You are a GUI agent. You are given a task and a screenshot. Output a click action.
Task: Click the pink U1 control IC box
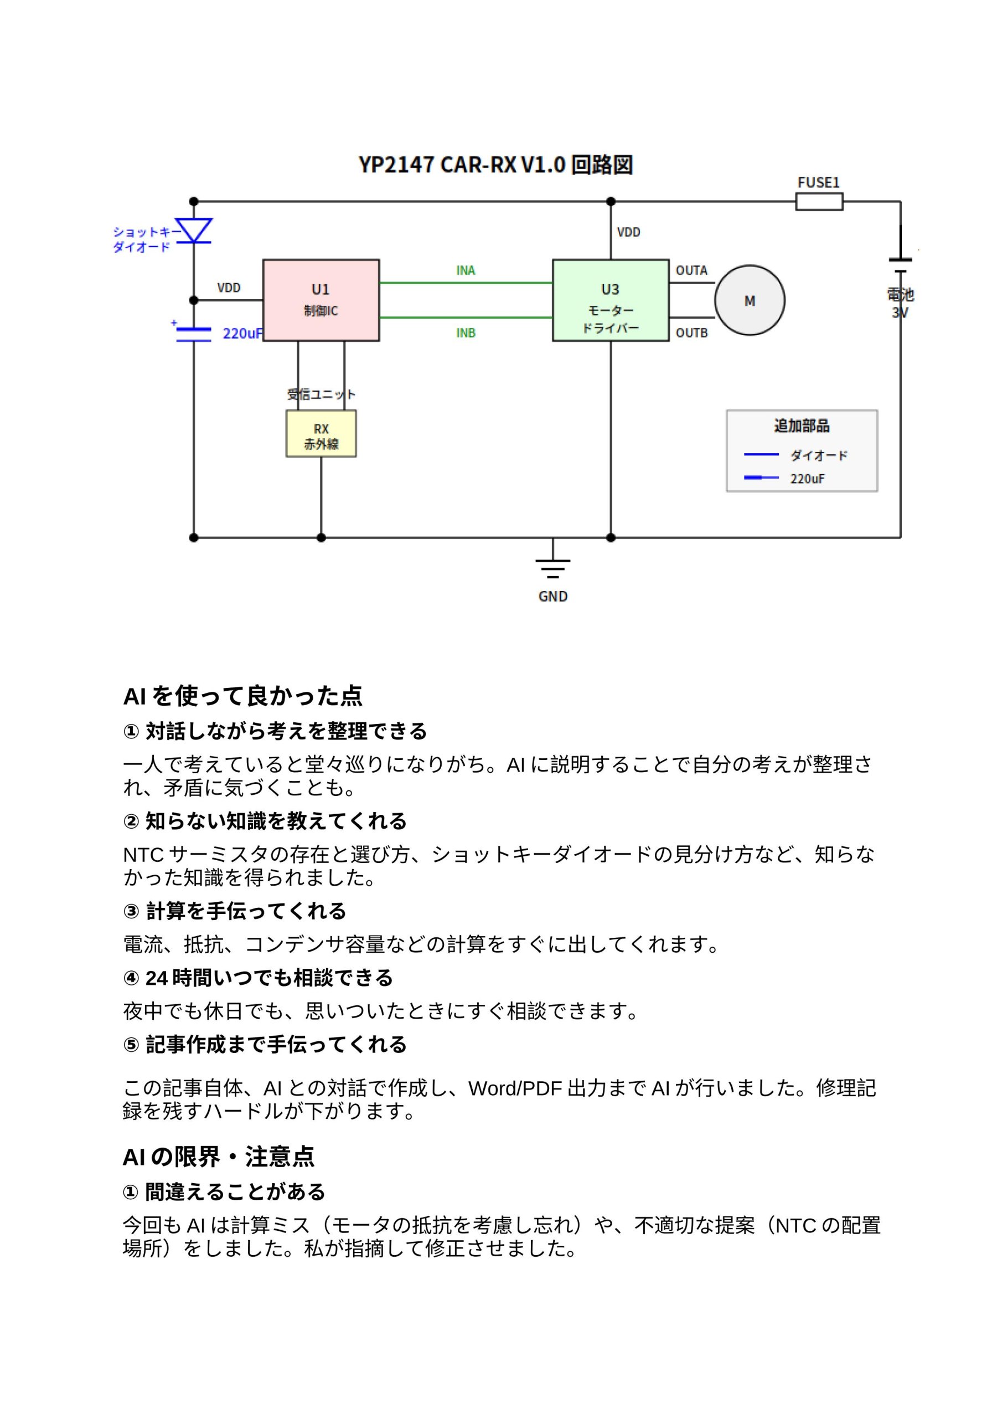tap(321, 300)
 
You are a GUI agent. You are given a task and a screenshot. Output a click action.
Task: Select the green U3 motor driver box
tap(610, 300)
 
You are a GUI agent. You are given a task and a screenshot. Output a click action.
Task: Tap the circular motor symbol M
tap(749, 301)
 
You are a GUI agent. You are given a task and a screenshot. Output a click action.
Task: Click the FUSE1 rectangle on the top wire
tap(819, 201)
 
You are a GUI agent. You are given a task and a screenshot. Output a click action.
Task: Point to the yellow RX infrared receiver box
tap(321, 434)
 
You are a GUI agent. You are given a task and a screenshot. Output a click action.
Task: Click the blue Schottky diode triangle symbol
tap(193, 230)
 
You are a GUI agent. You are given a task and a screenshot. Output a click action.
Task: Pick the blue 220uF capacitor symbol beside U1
tap(193, 334)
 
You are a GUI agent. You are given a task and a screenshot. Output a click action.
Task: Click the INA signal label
tap(466, 270)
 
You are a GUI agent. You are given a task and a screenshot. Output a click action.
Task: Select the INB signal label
tap(466, 333)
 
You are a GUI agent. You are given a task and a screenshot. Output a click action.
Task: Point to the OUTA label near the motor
tap(691, 270)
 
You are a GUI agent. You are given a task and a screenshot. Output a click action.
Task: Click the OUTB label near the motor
tap(691, 333)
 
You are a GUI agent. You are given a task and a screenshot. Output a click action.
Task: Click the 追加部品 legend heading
tap(802, 425)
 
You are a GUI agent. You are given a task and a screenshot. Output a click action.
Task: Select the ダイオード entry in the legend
tap(819, 456)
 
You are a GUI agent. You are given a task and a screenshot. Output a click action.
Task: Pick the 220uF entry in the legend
tap(807, 479)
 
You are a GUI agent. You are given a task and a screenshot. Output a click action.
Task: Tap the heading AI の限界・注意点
tap(219, 1157)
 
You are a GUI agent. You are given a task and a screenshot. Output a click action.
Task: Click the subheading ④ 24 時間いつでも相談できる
tap(257, 978)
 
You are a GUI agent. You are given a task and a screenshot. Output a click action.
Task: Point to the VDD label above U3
tap(628, 232)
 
